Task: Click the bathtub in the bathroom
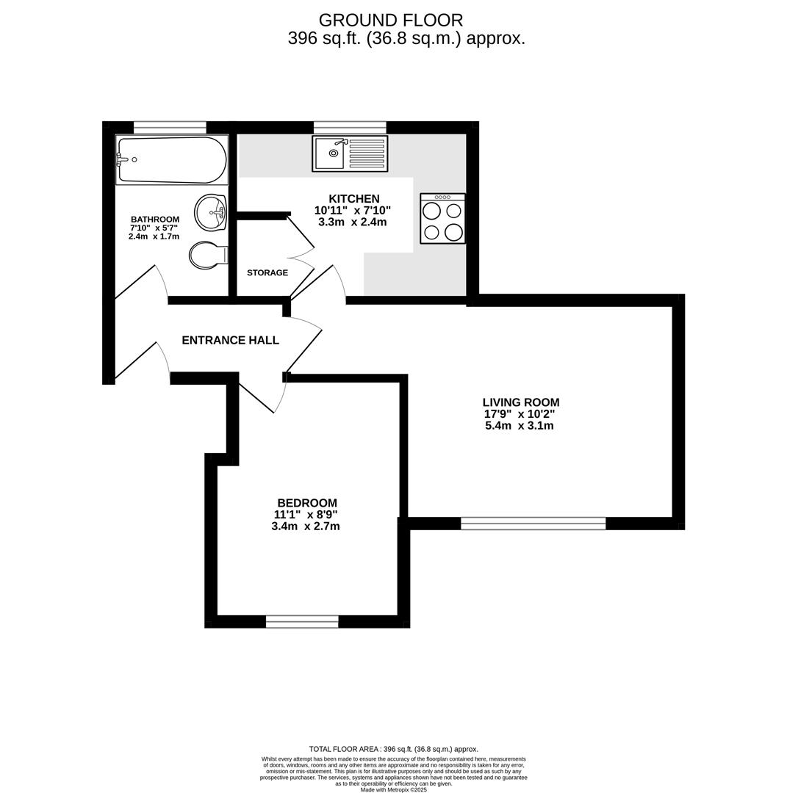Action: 172,159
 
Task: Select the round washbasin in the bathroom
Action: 210,212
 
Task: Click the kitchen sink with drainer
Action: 350,153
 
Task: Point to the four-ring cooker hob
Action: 442,219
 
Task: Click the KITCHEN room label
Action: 353,199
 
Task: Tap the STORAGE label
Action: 267,273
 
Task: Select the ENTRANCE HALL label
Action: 230,341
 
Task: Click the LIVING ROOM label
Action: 520,402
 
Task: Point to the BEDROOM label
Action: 307,503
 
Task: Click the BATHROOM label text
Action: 155,220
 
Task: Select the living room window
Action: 533,524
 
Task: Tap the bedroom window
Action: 302,622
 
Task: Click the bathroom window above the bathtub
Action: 170,127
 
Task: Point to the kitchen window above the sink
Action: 350,127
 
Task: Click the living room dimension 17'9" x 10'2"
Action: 520,414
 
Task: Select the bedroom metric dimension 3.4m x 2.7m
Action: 306,526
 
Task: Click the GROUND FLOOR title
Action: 391,21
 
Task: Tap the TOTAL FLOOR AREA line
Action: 393,749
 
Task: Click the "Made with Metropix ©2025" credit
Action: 393,790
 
